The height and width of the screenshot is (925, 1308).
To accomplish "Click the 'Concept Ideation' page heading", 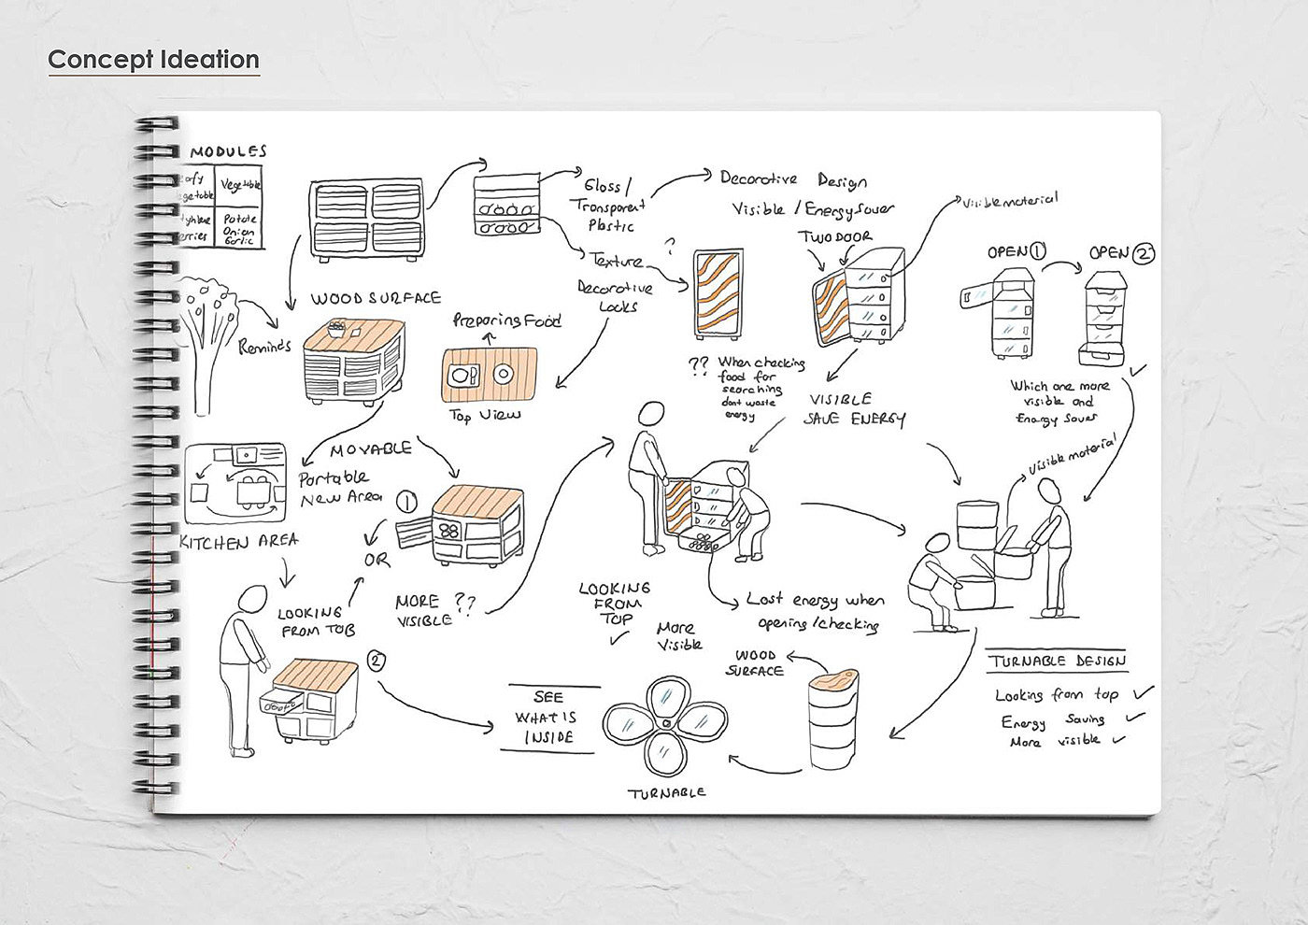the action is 153,60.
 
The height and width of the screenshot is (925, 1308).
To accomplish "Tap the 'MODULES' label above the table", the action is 229,151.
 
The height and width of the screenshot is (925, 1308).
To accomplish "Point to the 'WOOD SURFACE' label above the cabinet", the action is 376,299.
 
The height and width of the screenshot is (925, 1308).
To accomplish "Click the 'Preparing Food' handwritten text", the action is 506,320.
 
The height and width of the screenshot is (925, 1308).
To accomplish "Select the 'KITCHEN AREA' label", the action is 238,541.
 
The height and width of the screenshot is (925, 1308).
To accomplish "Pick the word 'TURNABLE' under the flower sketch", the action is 667,792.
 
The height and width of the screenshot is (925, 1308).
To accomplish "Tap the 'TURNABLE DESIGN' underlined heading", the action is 1057,661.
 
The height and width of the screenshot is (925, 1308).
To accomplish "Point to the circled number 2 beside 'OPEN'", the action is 1143,253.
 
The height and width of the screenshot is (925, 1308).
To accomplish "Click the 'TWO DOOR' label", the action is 833,237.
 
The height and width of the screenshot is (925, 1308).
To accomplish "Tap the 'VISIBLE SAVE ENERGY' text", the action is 854,409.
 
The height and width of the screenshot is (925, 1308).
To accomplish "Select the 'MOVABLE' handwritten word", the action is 371,449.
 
